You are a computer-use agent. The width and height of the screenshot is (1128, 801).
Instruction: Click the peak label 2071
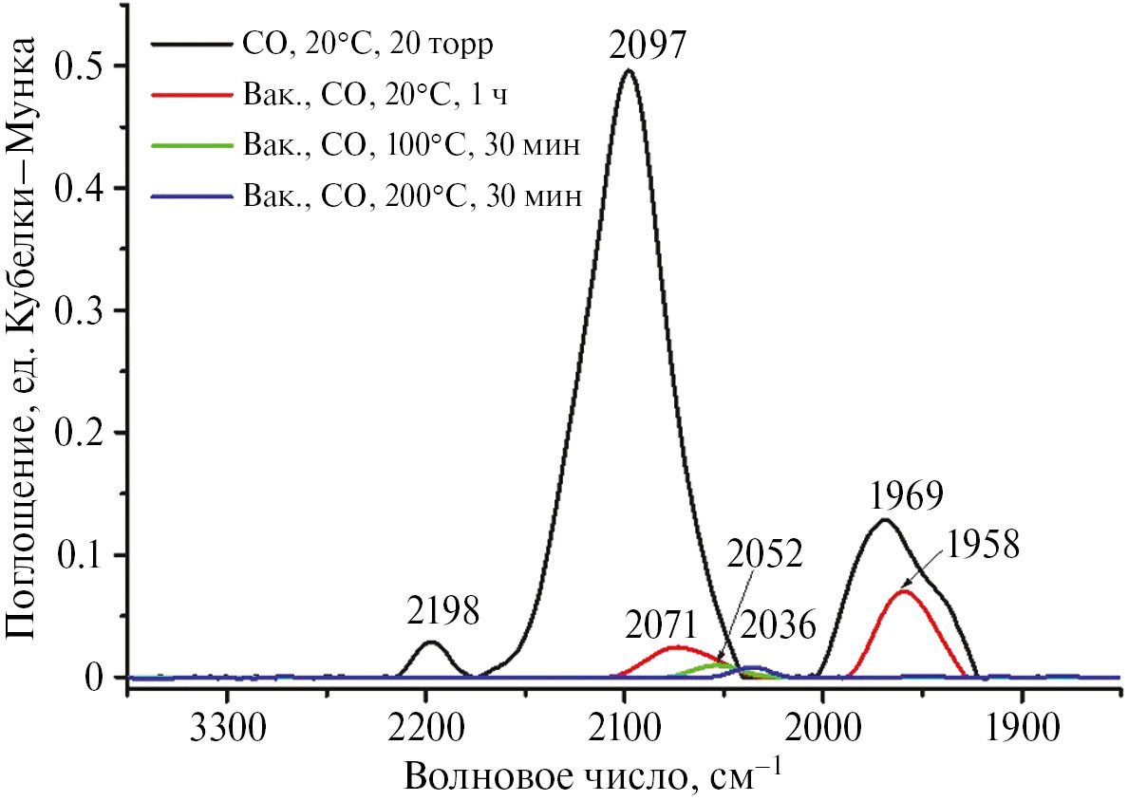pos(664,626)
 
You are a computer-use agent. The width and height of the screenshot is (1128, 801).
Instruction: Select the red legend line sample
pos(189,95)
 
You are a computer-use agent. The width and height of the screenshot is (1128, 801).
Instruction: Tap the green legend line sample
pos(189,145)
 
